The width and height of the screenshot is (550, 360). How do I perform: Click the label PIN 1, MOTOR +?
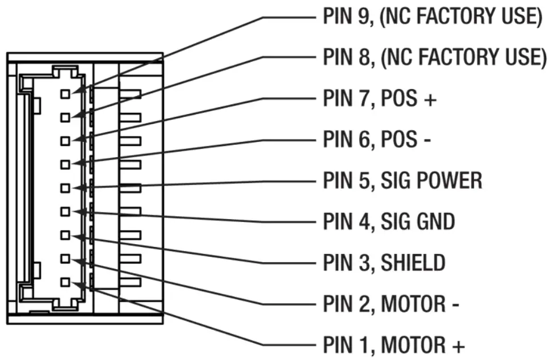click(x=394, y=344)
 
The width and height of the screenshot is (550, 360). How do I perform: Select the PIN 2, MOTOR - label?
click(x=391, y=304)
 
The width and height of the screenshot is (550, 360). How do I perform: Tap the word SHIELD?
click(x=413, y=262)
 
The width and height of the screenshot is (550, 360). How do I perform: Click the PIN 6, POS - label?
click(x=377, y=139)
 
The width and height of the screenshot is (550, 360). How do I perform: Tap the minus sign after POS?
click(x=426, y=140)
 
